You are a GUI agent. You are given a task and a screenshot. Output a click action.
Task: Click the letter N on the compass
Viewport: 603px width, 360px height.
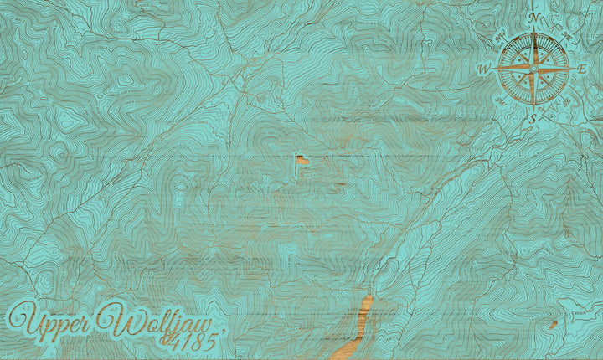[x=533, y=18]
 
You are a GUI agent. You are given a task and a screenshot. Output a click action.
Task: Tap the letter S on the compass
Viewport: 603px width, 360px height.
[x=533, y=118]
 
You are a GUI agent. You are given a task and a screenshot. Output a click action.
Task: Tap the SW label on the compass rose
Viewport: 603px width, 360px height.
[x=501, y=100]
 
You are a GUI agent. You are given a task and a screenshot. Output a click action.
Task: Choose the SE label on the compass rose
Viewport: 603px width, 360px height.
[x=566, y=100]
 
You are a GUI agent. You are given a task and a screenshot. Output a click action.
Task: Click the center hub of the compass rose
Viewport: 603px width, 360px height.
[x=533, y=68]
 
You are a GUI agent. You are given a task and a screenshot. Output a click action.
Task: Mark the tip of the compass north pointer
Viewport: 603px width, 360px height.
[x=533, y=28]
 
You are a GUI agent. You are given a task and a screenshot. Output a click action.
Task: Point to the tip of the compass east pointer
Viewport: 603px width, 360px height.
[x=572, y=68]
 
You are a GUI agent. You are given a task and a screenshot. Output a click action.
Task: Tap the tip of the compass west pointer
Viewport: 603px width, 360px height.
[x=495, y=68]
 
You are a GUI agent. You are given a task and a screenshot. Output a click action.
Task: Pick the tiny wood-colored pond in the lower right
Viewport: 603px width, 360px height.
[x=553, y=322]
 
